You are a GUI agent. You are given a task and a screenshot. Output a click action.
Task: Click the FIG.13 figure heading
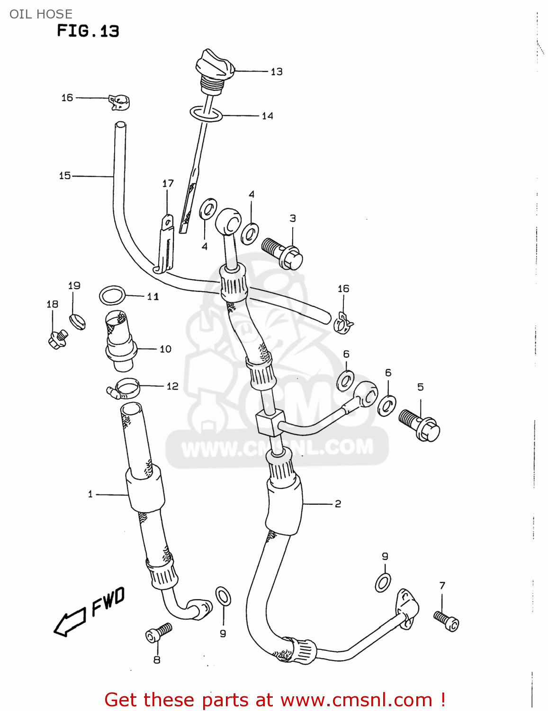pos(88,31)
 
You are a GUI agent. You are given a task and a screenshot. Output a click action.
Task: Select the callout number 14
pos(267,116)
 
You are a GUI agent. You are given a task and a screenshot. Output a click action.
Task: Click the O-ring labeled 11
pos(113,295)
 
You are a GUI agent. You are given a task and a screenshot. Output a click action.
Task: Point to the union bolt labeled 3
pos(283,253)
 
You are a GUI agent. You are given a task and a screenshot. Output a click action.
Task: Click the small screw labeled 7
pos(446,621)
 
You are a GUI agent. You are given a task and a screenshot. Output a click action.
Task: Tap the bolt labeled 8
pos(158,633)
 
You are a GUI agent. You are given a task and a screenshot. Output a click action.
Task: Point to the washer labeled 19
pos(77,320)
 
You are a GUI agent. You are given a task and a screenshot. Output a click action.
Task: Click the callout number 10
pos(165,349)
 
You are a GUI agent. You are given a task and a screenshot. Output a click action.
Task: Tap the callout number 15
pos(65,176)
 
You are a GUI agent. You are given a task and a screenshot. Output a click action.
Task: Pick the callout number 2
pos(338,504)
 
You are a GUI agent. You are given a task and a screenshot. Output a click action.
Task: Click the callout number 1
pos(90,494)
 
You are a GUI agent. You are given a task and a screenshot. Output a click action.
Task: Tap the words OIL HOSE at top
pos(41,14)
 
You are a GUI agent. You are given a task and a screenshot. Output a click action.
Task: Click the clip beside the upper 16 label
pos(119,102)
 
